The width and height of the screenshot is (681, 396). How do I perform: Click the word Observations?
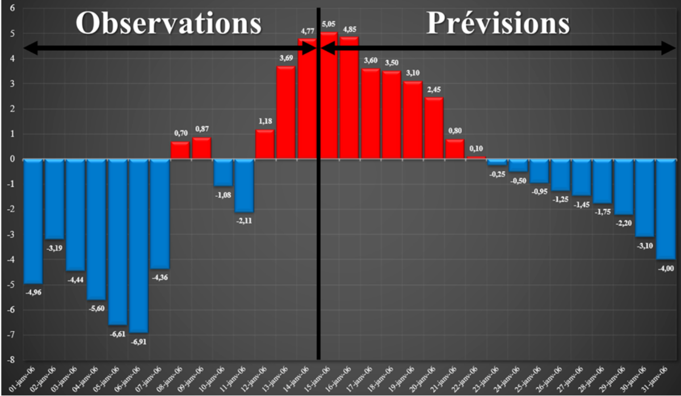169,24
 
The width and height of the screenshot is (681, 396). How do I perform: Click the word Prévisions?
498,24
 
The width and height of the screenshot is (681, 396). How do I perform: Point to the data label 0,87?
202,129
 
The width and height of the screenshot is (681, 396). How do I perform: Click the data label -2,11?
244,221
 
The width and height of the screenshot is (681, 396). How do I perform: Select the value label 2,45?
434,89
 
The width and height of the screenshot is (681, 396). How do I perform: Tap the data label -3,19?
54,247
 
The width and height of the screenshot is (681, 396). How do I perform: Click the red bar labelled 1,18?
265,145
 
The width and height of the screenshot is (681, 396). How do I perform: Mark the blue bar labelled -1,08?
223,172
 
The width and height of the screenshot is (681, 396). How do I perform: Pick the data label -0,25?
497,174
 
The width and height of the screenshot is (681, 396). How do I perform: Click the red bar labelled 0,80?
455,149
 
